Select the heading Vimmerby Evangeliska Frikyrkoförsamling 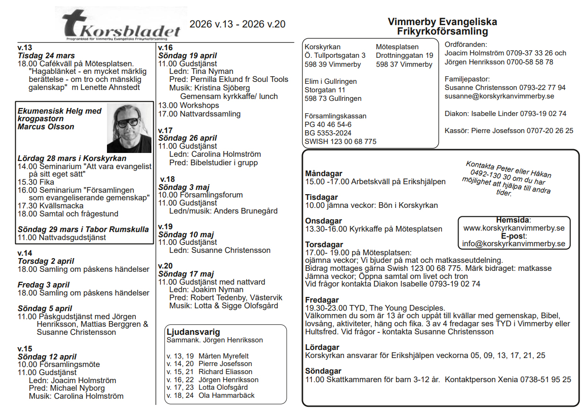(442, 27)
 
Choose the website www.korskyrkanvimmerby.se (514, 228)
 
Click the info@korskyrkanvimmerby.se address (514, 244)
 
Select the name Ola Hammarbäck (226, 395)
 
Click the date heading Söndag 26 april (187, 138)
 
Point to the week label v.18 (167, 179)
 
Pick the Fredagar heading (322, 300)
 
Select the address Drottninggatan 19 (404, 56)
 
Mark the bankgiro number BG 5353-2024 (328, 133)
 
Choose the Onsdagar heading (323, 221)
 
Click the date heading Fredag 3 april (44, 285)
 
